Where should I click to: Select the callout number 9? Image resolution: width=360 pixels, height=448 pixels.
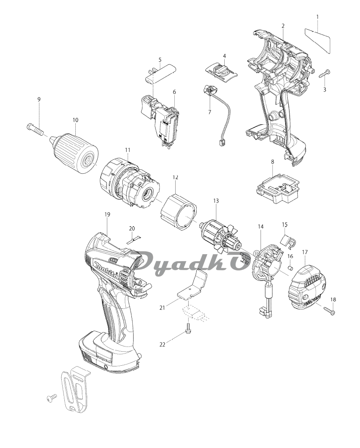point(39,100)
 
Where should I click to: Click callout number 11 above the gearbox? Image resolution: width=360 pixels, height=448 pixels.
point(127,150)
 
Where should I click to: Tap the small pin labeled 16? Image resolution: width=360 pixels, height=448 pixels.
point(289,267)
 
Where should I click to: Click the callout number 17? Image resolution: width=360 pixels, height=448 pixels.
point(305,252)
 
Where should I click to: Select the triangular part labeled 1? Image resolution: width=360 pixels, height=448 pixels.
point(317,38)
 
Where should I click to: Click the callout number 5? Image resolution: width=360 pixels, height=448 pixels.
point(160,59)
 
